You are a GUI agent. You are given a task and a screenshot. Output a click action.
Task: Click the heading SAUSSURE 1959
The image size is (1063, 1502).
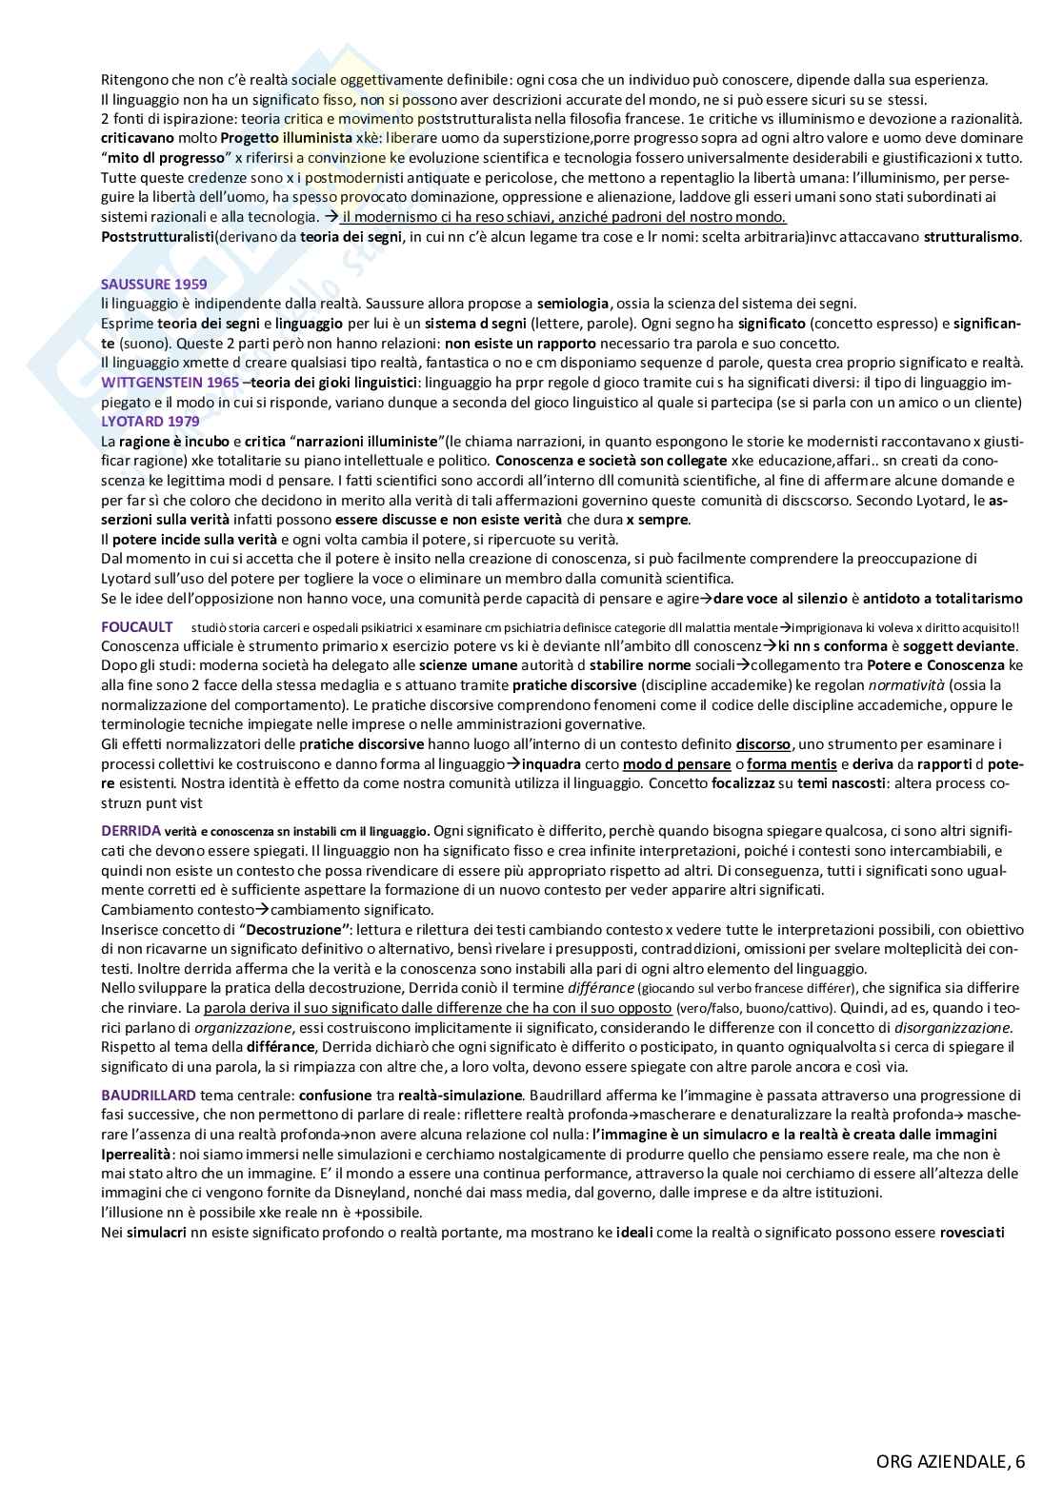153,284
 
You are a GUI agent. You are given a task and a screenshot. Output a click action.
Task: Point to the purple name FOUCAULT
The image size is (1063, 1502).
137,625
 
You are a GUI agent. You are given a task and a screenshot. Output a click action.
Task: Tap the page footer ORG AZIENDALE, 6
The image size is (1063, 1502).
951,1463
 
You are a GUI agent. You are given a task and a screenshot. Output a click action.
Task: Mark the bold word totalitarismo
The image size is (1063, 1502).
973,598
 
